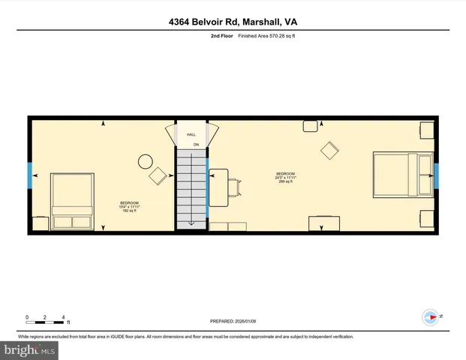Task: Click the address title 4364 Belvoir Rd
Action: (x=233, y=22)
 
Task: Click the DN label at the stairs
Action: (x=194, y=144)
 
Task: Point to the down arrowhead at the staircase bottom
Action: (x=192, y=222)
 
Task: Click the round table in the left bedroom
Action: (x=144, y=161)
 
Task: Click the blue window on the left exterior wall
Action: (x=30, y=176)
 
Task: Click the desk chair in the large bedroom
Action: (x=236, y=186)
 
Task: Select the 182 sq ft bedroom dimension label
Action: (x=130, y=207)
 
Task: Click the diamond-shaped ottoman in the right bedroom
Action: (x=330, y=151)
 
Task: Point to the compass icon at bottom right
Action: (x=431, y=317)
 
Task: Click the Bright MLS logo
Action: (x=29, y=349)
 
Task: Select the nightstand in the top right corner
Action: (x=426, y=131)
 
